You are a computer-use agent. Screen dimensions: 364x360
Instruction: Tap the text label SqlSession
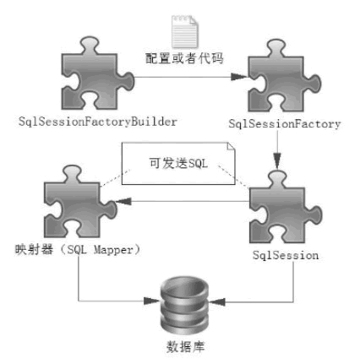[285, 253]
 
